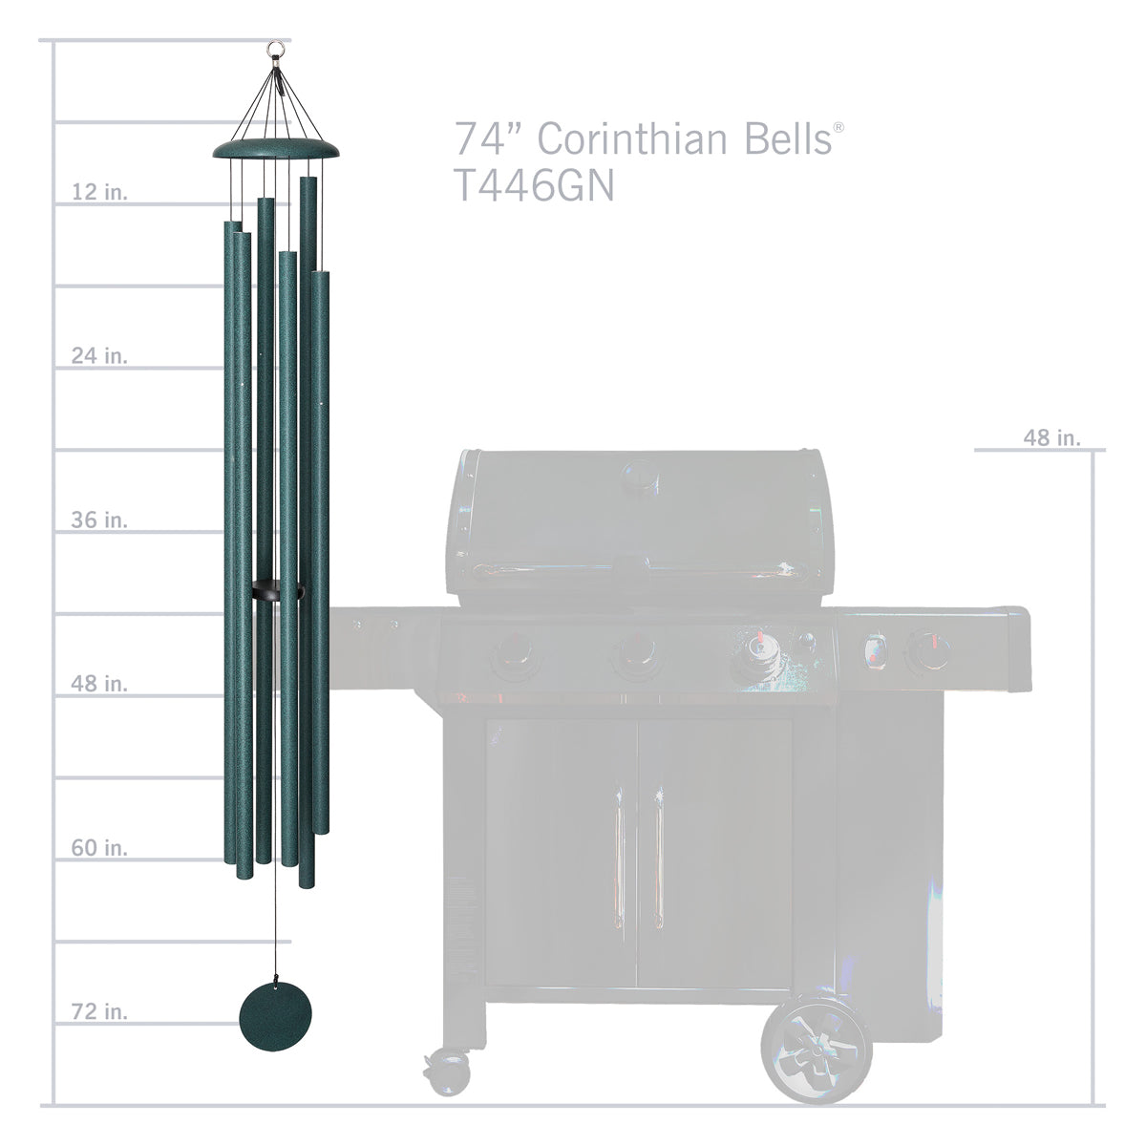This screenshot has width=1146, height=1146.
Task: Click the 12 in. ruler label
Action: pos(99,192)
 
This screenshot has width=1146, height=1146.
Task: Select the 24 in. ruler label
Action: pos(99,356)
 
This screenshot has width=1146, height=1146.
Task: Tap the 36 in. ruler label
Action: pos(99,520)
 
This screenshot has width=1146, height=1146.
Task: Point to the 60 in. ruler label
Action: pos(99,848)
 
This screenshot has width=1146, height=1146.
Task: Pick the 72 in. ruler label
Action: pos(99,1011)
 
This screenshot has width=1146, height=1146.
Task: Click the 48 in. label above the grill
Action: pos(1051,437)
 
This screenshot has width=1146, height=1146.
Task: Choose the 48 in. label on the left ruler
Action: pos(99,684)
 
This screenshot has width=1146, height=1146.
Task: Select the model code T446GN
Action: pos(533,187)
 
